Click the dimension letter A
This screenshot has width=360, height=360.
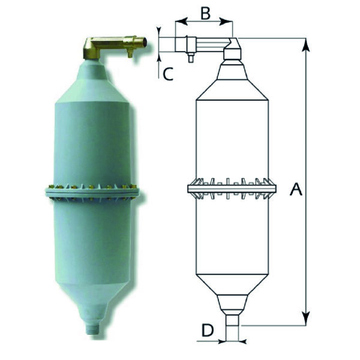click(x=295, y=190)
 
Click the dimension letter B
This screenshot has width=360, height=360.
click(x=205, y=13)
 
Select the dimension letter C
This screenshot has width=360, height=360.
click(x=168, y=74)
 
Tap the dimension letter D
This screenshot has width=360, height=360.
click(x=207, y=330)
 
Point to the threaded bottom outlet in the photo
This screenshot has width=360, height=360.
click(x=92, y=329)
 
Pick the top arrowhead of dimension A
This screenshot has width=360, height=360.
click(x=307, y=43)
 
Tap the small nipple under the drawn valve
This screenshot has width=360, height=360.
click(x=190, y=58)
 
